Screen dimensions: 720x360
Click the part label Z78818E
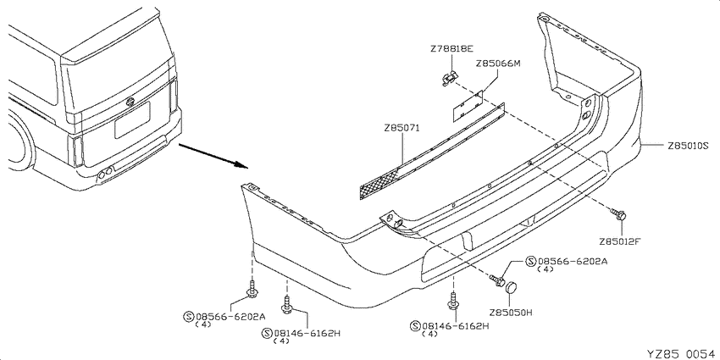tap(451, 48)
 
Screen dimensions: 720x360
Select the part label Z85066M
tap(498, 64)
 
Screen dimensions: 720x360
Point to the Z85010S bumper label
tap(689, 146)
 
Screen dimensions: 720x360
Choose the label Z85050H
tap(510, 313)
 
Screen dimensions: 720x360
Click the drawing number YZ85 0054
tap(681, 353)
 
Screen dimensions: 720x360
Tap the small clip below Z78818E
tap(449, 79)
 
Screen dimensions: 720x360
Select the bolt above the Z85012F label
tap(618, 214)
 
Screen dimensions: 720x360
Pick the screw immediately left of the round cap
tap(497, 280)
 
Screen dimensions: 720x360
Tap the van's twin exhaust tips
tap(105, 173)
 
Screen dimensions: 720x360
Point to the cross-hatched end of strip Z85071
tap(378, 183)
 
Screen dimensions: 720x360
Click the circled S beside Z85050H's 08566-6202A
tap(531, 262)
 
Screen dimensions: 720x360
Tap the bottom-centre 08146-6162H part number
tap(455, 326)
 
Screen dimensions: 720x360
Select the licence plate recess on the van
tap(132, 119)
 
